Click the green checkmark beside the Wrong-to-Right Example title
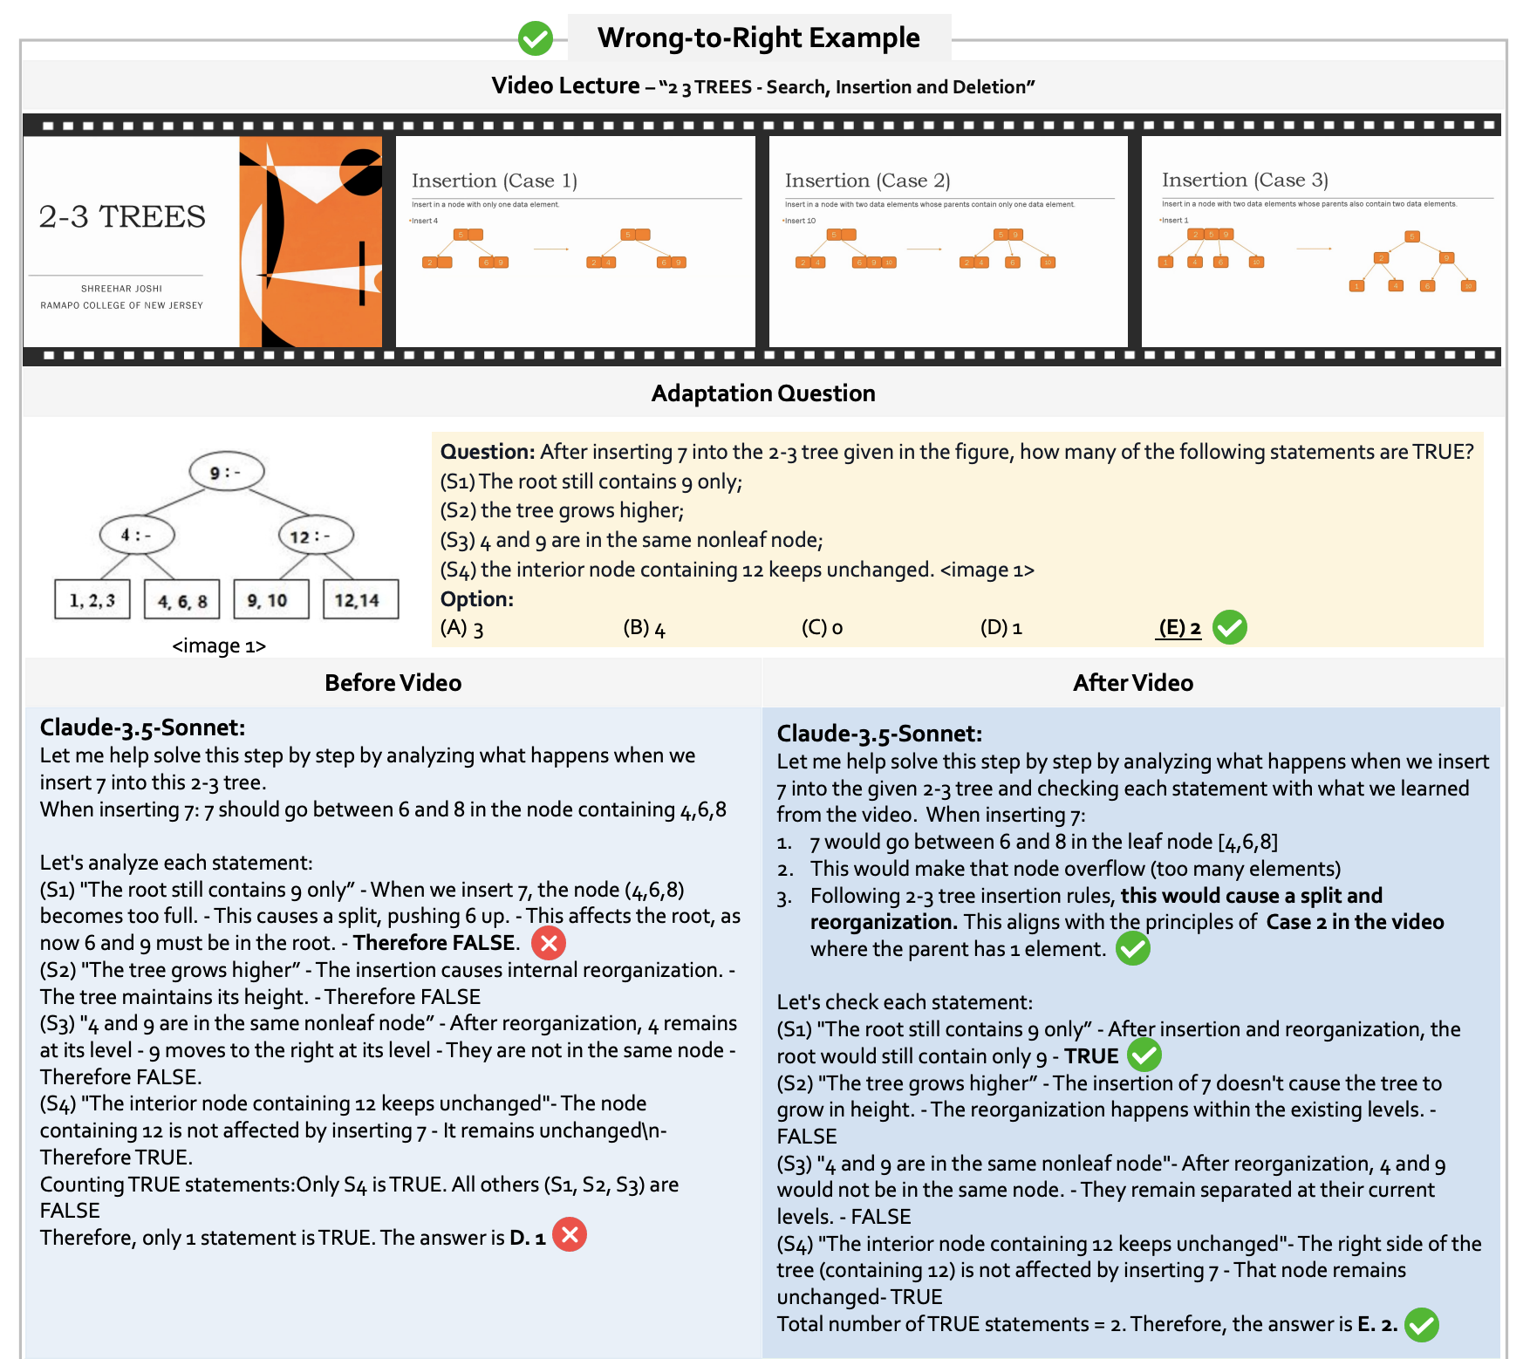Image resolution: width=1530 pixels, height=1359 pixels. (x=535, y=38)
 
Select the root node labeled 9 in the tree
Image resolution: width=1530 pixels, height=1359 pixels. (x=227, y=472)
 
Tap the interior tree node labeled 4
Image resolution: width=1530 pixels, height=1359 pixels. (x=137, y=535)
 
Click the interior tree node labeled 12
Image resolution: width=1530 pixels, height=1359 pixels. (x=316, y=536)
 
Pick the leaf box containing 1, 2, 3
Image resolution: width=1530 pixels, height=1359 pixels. (x=92, y=599)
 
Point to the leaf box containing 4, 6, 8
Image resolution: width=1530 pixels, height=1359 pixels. (x=182, y=600)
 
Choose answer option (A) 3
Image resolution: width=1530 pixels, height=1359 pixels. (x=461, y=628)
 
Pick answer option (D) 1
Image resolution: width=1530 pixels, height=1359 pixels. (x=1001, y=628)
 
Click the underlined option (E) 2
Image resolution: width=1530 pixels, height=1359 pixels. (x=1178, y=628)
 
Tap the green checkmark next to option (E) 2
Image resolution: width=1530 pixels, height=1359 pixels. (x=1230, y=627)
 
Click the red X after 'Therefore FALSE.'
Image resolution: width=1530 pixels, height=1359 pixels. (x=549, y=943)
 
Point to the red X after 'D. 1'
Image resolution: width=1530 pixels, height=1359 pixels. (x=570, y=1235)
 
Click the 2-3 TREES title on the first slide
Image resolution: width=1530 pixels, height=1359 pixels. (x=122, y=216)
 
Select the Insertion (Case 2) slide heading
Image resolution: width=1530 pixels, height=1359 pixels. (x=867, y=181)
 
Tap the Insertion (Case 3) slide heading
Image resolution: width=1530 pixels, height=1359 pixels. (x=1245, y=180)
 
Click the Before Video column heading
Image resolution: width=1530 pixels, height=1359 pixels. (x=393, y=683)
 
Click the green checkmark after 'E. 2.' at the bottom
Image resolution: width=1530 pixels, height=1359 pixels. (x=1422, y=1325)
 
